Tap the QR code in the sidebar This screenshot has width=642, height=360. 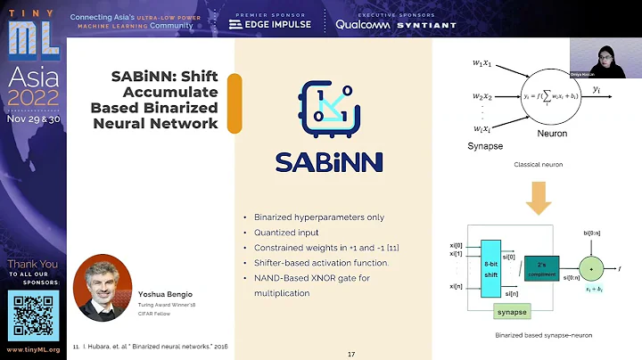coord(32,311)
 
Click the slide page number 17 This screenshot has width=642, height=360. coord(351,354)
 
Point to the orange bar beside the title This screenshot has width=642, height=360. coord(235,103)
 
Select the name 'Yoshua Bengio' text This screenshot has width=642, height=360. coord(165,292)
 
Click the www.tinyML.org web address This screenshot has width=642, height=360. coord(32,348)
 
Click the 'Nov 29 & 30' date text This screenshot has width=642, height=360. coord(32,117)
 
